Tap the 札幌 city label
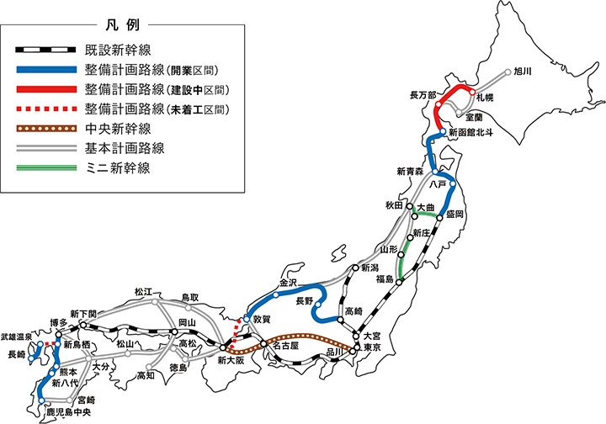(x=483, y=100)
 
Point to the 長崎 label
(x=16, y=355)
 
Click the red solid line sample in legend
(x=45, y=89)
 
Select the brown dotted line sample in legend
(x=45, y=129)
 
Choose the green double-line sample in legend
(x=45, y=168)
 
